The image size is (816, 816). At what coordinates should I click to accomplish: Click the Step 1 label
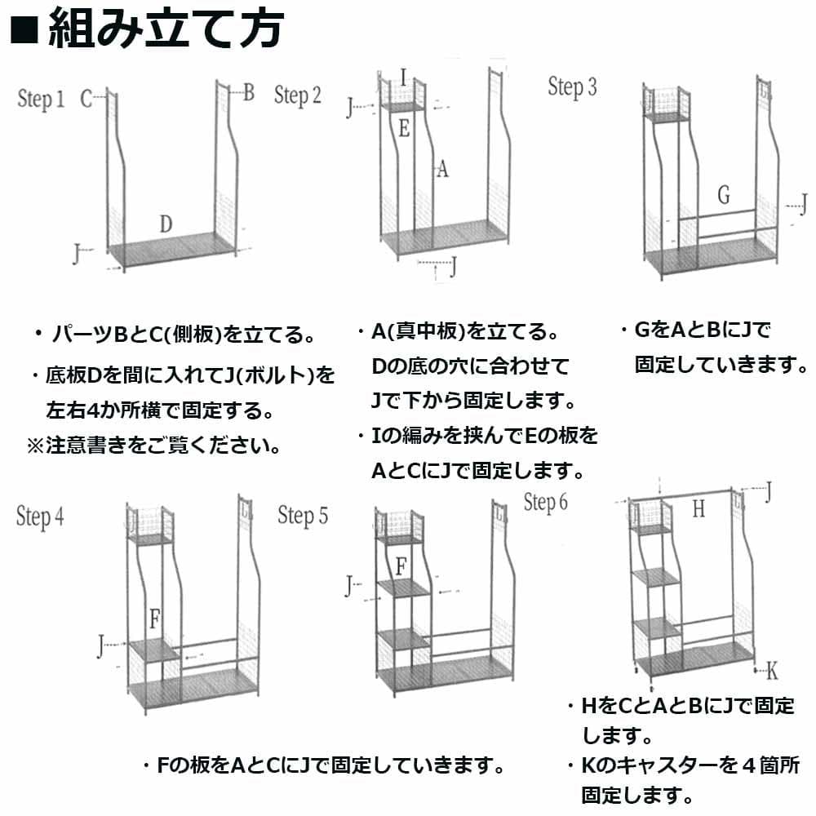[x=41, y=100]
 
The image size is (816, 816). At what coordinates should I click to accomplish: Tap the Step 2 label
[x=297, y=96]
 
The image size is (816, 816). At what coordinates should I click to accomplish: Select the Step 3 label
[x=572, y=87]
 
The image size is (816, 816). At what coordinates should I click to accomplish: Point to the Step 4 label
[x=40, y=517]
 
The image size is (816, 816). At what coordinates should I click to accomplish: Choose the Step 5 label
[x=303, y=516]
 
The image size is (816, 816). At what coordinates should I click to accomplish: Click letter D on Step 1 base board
[x=166, y=224]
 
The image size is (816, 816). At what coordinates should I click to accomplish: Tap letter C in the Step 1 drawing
[x=86, y=100]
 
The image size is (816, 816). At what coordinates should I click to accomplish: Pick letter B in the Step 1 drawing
[x=248, y=92]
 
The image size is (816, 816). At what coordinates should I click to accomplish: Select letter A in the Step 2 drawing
[x=441, y=169]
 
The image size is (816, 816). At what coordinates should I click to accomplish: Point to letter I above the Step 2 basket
[x=404, y=78]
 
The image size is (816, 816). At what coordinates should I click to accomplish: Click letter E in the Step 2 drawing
[x=404, y=127]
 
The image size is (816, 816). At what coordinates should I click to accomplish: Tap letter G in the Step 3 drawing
[x=723, y=196]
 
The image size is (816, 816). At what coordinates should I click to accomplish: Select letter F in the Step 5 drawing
[x=401, y=565]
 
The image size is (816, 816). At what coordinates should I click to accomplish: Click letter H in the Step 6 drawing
[x=698, y=510]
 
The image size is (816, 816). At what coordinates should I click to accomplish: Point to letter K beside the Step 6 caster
[x=772, y=672]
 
